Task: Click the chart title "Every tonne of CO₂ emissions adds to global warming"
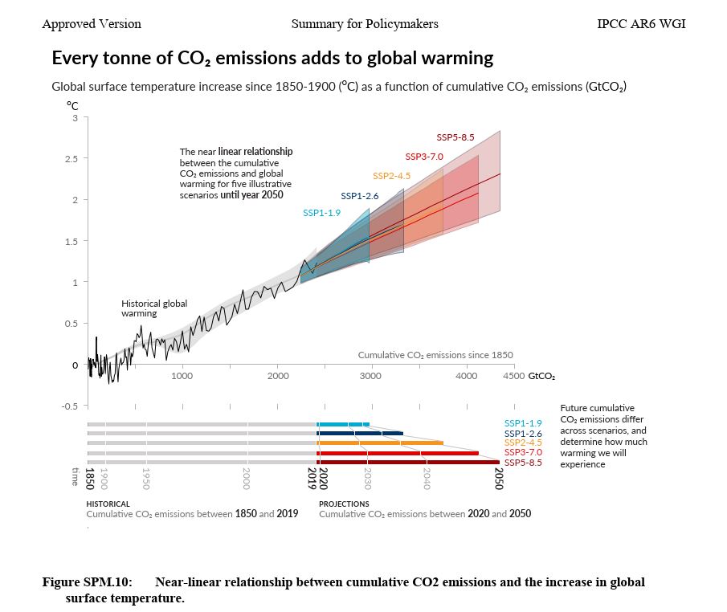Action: [x=272, y=59]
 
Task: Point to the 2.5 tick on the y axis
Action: [x=76, y=158]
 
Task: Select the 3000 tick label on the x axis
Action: [x=370, y=376]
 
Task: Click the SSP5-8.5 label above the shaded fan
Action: [x=455, y=137]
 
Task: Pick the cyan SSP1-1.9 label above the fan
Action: [x=321, y=213]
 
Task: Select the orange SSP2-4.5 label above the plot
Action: [x=391, y=176]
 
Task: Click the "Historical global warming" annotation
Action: [x=153, y=308]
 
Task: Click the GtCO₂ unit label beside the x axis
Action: [x=541, y=376]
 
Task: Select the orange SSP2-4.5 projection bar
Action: [x=380, y=443]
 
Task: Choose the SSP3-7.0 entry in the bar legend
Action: [x=523, y=452]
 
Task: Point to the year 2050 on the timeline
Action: [x=498, y=479]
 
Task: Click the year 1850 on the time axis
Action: [x=89, y=479]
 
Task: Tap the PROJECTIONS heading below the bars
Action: [x=344, y=504]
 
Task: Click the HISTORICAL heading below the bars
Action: [x=108, y=504]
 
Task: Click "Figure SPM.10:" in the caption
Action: [x=87, y=582]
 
